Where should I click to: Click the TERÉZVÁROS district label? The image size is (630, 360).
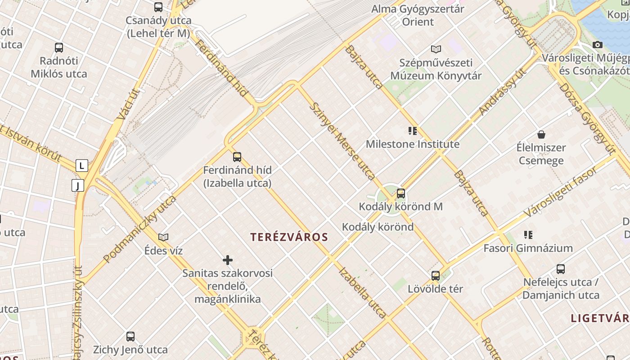click(289, 237)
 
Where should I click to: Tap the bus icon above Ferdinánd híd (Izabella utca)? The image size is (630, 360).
click(237, 157)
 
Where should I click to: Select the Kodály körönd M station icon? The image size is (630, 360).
click(401, 193)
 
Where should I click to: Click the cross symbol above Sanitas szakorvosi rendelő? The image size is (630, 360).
click(228, 260)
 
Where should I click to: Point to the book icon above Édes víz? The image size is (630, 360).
click(163, 237)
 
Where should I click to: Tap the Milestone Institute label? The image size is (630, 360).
click(413, 144)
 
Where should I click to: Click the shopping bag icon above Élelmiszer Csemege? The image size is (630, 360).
click(541, 135)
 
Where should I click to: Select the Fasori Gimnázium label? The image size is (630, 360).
click(528, 248)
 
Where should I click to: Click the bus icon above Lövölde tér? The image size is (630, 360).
click(436, 275)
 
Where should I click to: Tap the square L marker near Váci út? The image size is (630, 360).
click(81, 166)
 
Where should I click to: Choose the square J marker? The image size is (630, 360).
click(78, 185)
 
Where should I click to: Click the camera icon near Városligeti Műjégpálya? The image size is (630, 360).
click(598, 45)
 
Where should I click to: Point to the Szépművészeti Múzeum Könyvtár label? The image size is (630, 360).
click(436, 69)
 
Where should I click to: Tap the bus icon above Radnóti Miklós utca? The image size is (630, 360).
click(59, 48)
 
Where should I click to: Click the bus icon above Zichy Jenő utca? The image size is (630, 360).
click(130, 336)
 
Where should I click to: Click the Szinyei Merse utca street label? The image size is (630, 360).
click(343, 141)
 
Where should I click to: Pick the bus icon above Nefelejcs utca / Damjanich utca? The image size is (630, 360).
click(561, 269)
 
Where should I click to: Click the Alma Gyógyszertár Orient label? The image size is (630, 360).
click(418, 15)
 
